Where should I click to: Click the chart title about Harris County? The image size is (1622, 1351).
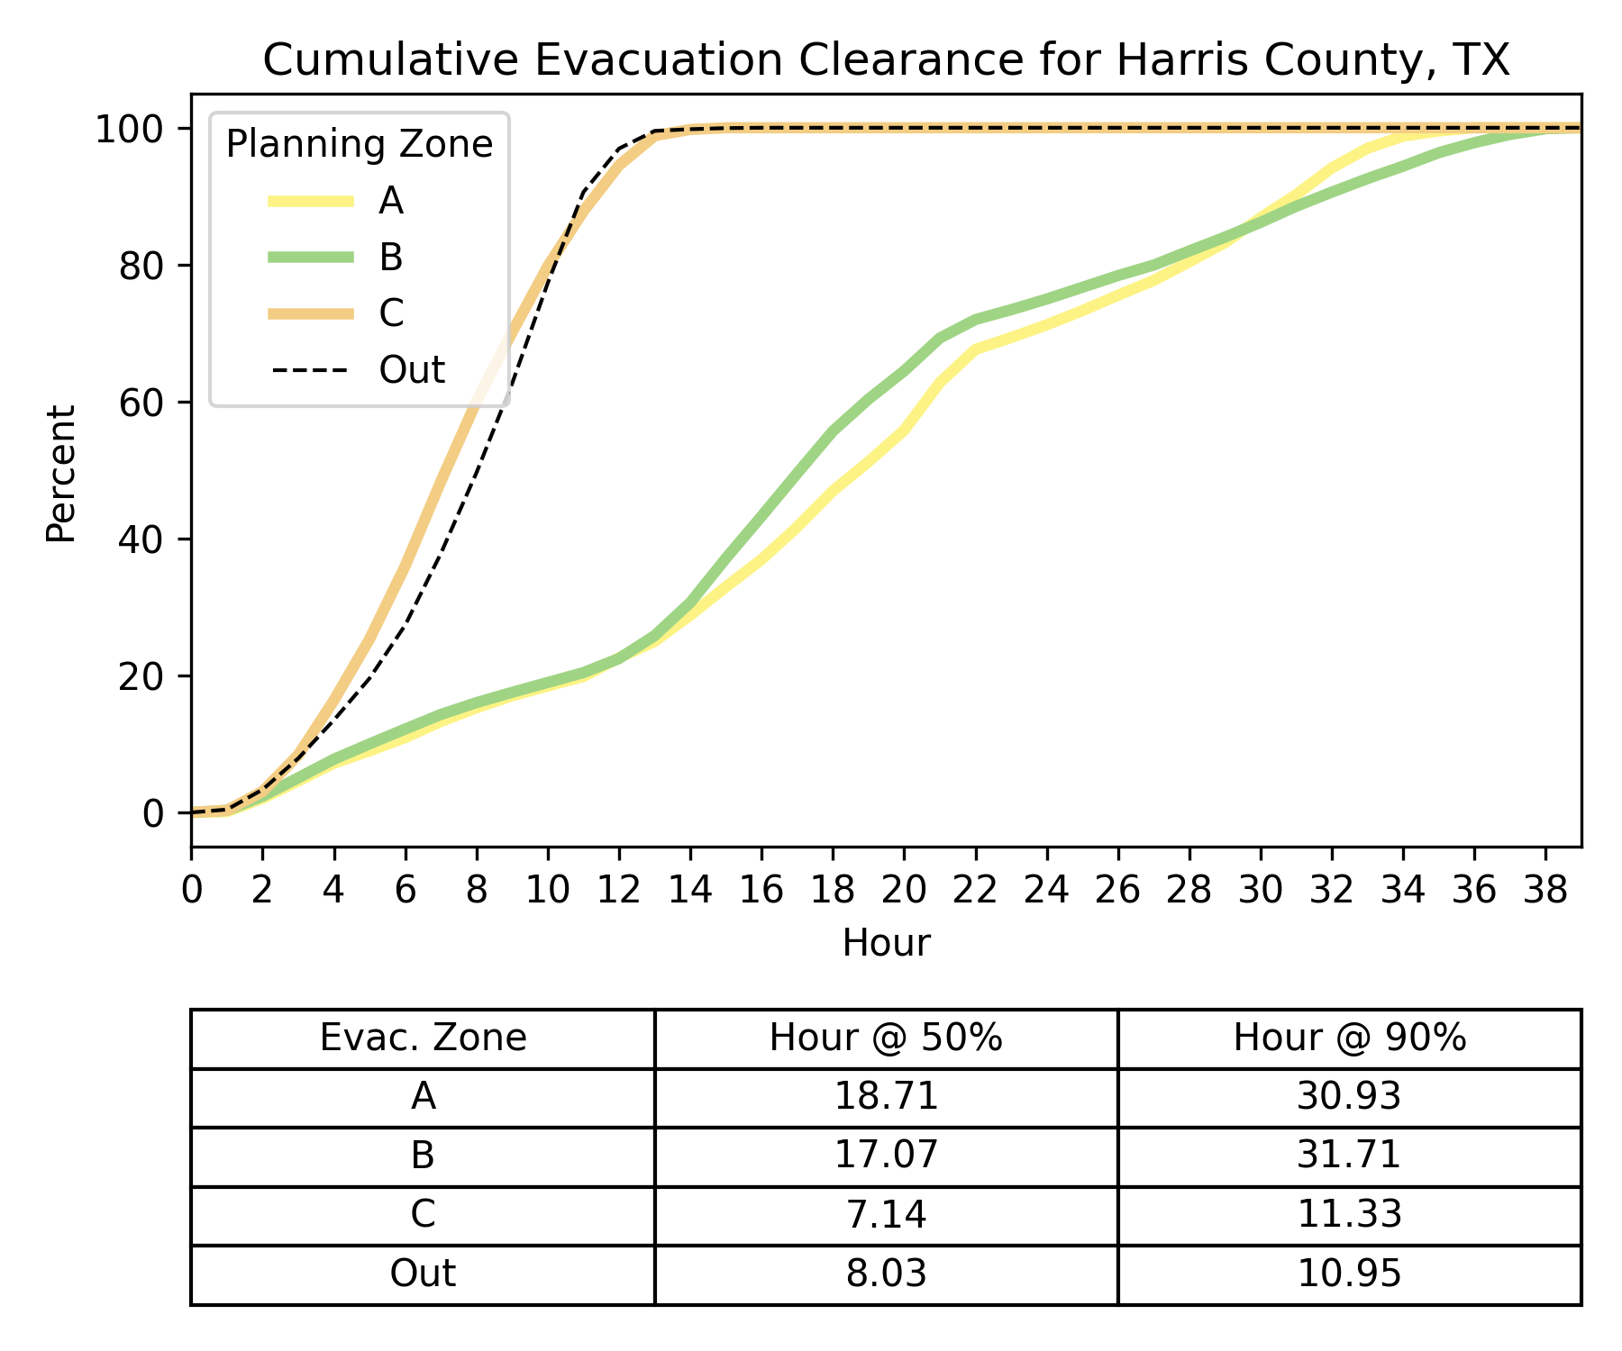click(886, 60)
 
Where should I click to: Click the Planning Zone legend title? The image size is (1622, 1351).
click(359, 144)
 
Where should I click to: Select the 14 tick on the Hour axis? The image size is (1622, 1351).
click(690, 890)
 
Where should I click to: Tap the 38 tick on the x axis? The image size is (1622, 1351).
click(1545, 890)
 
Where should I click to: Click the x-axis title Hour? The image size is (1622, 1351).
click(886, 943)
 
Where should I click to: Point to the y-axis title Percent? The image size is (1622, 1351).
click(61, 473)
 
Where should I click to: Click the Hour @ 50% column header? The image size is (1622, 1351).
click(886, 1038)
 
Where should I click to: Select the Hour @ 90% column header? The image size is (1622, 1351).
click(1349, 1038)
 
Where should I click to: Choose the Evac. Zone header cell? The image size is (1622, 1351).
click(423, 1038)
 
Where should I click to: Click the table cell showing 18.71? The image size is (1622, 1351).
click(886, 1096)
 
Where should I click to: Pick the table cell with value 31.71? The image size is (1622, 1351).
click(1349, 1155)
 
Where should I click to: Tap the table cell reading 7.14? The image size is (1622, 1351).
click(886, 1214)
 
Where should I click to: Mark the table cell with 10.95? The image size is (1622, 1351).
click(1349, 1274)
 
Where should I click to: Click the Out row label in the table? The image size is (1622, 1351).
click(423, 1274)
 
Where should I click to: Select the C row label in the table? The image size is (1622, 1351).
click(423, 1214)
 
